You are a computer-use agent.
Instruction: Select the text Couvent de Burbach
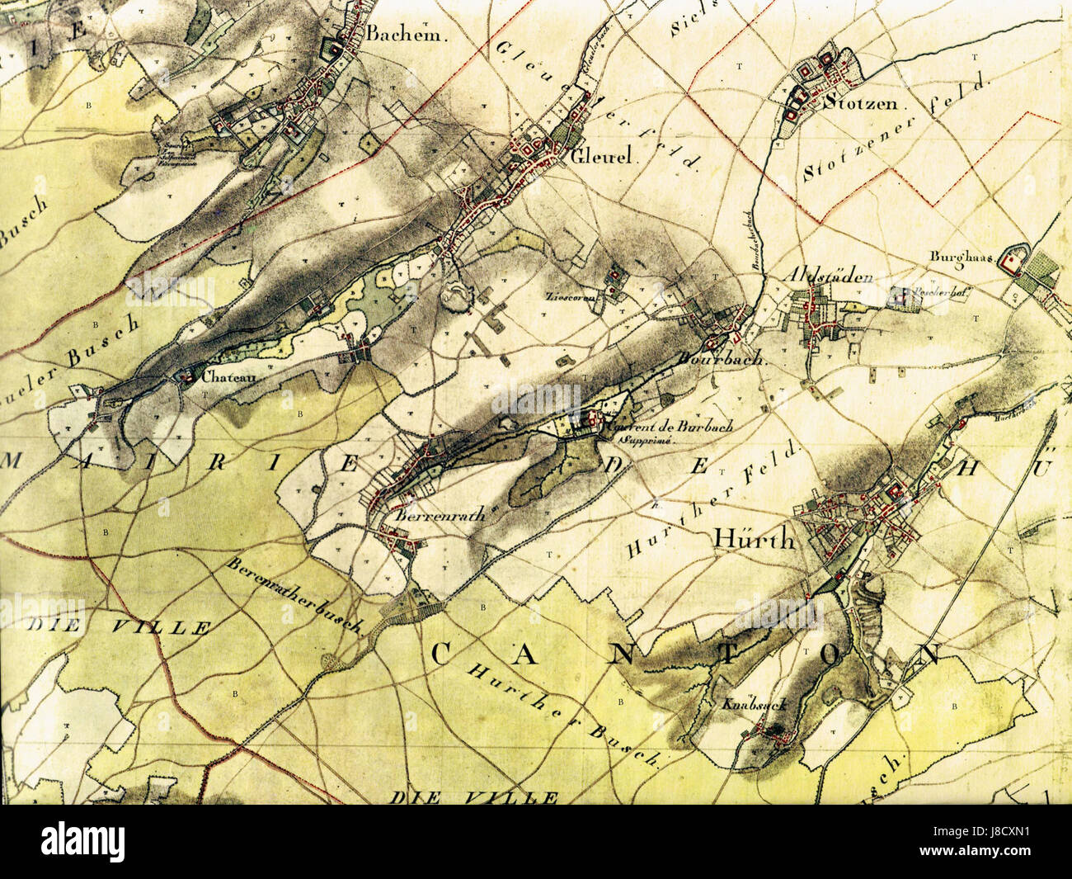pos(668,428)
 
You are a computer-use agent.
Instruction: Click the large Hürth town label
pos(752,541)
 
